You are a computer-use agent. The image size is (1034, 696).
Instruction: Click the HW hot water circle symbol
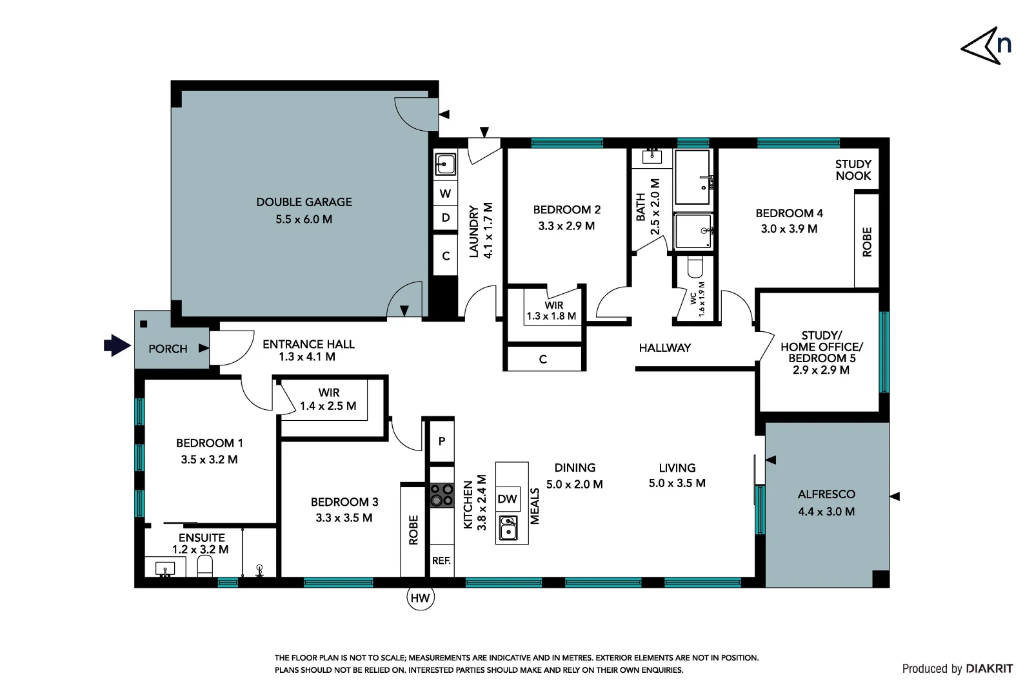(420, 598)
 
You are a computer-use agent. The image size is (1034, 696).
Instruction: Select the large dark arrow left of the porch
(117, 345)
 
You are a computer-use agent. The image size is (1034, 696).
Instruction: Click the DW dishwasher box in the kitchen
(508, 499)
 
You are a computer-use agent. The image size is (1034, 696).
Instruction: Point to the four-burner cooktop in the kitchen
(442, 495)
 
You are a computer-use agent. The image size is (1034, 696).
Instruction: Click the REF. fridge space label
(441, 561)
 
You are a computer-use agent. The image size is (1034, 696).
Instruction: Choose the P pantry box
(442, 441)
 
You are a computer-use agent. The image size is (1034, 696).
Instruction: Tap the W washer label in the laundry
(445, 193)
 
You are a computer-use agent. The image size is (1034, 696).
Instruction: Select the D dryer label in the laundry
(445, 218)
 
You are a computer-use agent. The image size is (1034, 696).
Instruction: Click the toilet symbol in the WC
(695, 267)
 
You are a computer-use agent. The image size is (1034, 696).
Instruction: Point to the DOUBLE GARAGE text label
(304, 202)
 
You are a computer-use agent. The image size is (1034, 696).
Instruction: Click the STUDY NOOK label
(853, 170)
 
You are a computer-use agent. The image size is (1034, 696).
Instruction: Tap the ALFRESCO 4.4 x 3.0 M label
(826, 503)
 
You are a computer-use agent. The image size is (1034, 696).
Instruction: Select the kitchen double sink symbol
(508, 528)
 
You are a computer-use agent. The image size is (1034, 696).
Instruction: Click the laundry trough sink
(445, 164)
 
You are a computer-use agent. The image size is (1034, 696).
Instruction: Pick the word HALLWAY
(664, 348)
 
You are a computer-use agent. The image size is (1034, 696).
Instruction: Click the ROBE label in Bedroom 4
(867, 242)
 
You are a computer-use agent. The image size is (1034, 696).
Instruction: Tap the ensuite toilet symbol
(204, 566)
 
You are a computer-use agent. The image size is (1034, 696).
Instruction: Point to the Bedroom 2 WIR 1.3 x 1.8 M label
(552, 311)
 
